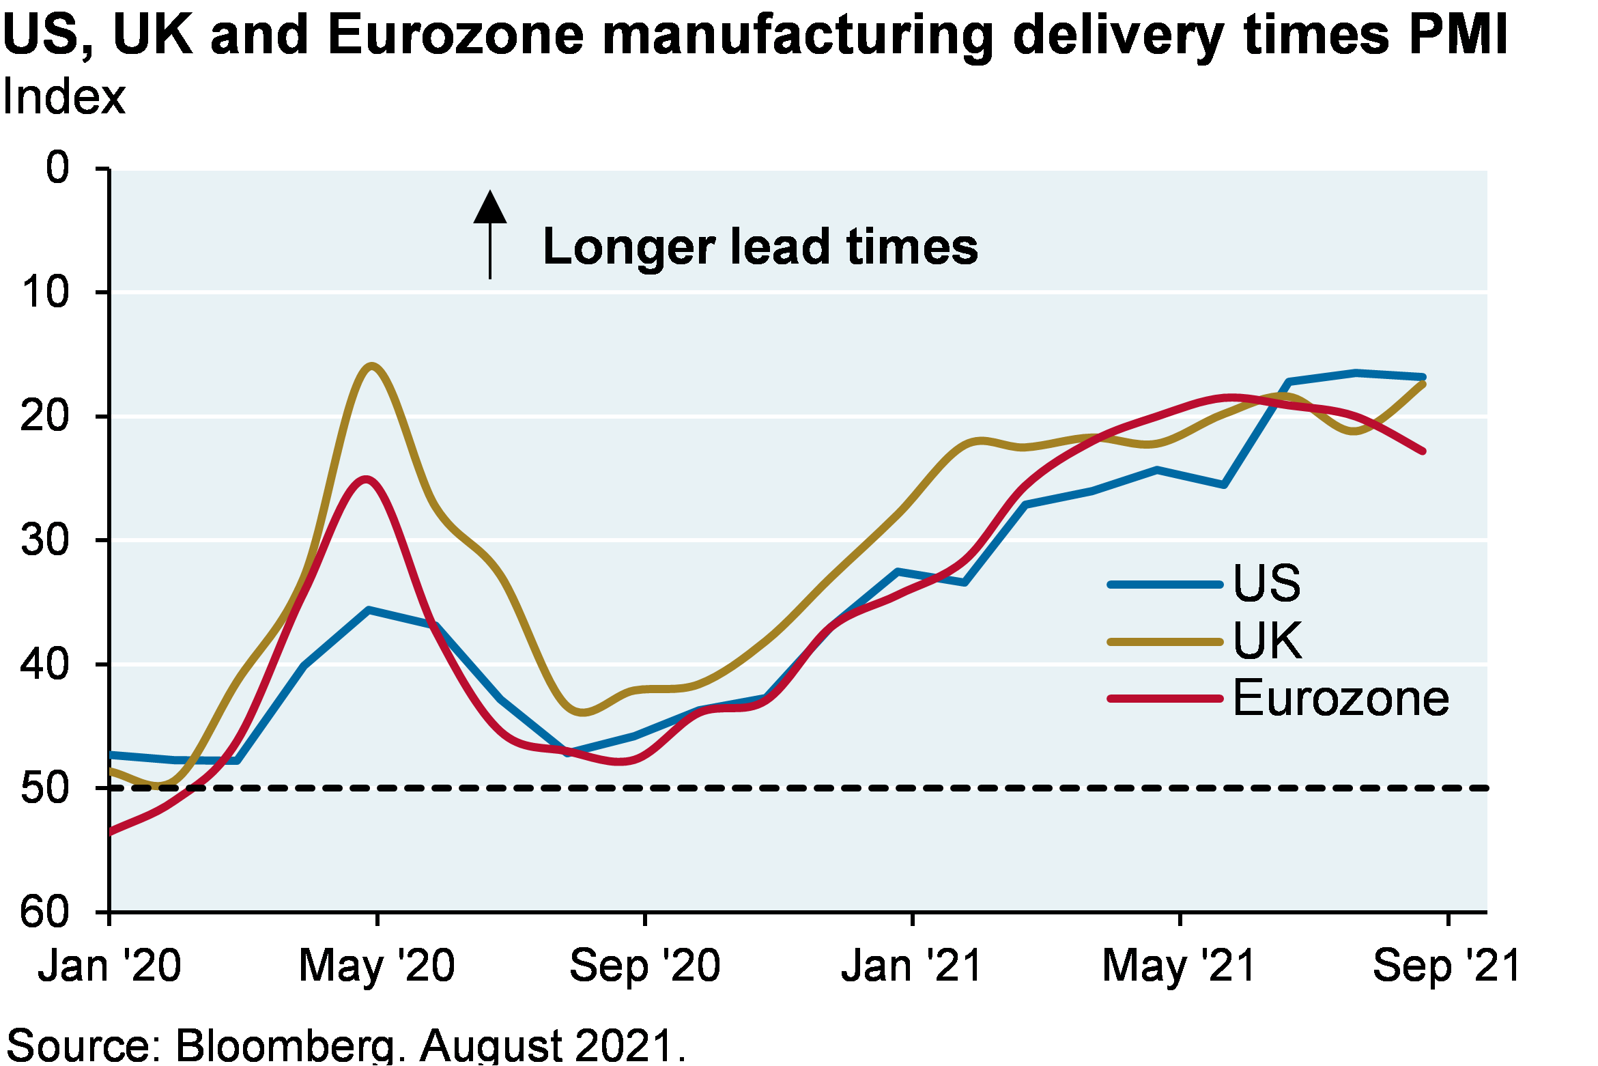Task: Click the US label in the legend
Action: tap(1267, 583)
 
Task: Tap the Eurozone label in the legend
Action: tap(1341, 699)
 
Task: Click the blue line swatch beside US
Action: tap(1165, 585)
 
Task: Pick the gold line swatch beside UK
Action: tap(1165, 642)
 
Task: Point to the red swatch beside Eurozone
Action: tap(1165, 699)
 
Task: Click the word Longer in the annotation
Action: tap(628, 247)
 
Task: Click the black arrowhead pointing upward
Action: tap(490, 208)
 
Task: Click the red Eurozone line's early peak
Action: tap(367, 479)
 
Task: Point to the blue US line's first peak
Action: tap(369, 610)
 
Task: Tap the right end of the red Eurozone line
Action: tap(1423, 451)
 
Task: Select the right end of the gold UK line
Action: tap(1423, 384)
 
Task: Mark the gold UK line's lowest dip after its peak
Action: tap(582, 713)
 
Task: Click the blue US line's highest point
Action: tap(1356, 372)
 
